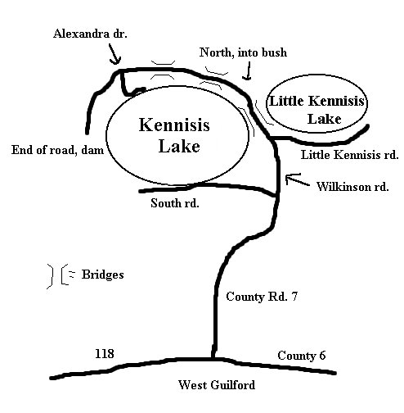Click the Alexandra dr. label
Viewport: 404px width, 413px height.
[90, 34]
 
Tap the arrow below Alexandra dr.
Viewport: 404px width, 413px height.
[114, 54]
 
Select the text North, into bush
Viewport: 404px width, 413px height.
[243, 52]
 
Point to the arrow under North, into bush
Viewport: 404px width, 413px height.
[248, 70]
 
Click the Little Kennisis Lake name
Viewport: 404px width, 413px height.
[316, 110]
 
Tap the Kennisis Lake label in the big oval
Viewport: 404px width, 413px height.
[174, 135]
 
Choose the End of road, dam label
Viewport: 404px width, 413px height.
[57, 150]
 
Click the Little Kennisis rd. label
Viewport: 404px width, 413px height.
[349, 155]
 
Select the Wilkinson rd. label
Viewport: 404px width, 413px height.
[352, 187]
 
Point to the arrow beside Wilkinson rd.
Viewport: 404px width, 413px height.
[297, 179]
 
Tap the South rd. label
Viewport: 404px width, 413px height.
[175, 203]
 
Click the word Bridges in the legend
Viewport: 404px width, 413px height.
[102, 275]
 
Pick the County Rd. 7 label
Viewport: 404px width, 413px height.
[262, 297]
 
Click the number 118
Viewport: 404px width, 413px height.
[105, 353]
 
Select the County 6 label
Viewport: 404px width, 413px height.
[302, 356]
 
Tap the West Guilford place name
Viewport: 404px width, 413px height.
[217, 385]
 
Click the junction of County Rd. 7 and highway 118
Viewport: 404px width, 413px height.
[213, 358]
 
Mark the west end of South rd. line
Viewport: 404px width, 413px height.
[141, 191]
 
